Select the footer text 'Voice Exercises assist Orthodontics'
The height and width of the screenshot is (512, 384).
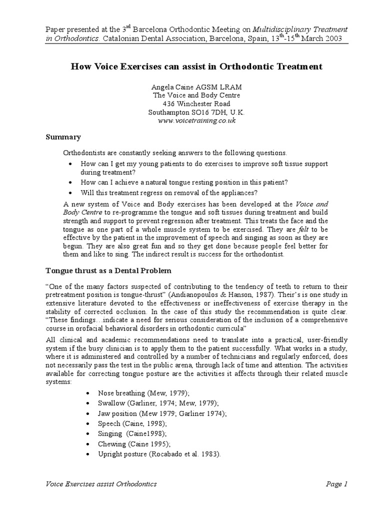[101, 484]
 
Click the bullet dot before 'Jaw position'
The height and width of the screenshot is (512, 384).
[88, 413]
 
